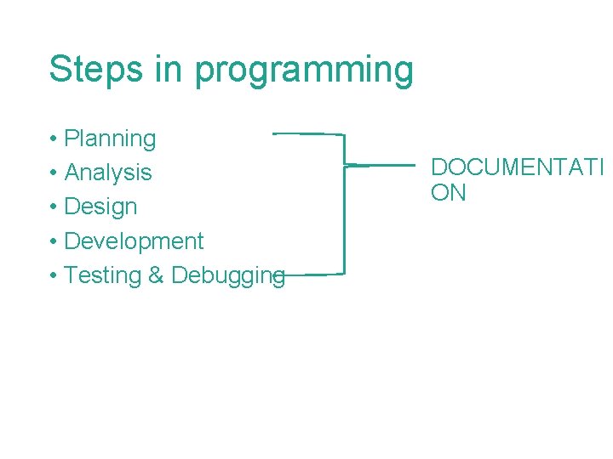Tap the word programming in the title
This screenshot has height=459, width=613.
click(x=304, y=71)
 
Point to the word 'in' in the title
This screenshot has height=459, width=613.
click(x=169, y=68)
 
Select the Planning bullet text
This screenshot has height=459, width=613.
click(x=110, y=139)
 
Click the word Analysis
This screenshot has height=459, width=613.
click(x=108, y=173)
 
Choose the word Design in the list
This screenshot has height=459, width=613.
click(x=100, y=207)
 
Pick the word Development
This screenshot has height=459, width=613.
click(x=134, y=241)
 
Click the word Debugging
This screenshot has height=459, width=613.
click(x=227, y=276)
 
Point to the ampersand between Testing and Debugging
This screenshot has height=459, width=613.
click(x=159, y=275)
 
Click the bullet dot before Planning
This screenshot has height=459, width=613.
click(x=53, y=139)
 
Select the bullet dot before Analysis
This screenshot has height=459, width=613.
click(x=53, y=173)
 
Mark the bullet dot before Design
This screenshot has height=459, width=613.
click(x=53, y=207)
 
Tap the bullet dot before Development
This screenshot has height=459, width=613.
click(x=53, y=242)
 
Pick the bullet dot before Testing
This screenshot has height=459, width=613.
click(x=53, y=276)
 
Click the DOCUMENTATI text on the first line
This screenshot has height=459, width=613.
click(x=516, y=167)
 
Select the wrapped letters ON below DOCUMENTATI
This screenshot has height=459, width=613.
click(x=449, y=193)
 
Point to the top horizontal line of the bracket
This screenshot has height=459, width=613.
click(x=308, y=133)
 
